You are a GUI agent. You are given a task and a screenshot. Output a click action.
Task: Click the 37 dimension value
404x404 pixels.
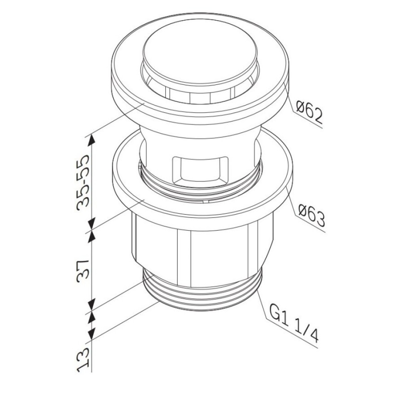pos(83,269)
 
